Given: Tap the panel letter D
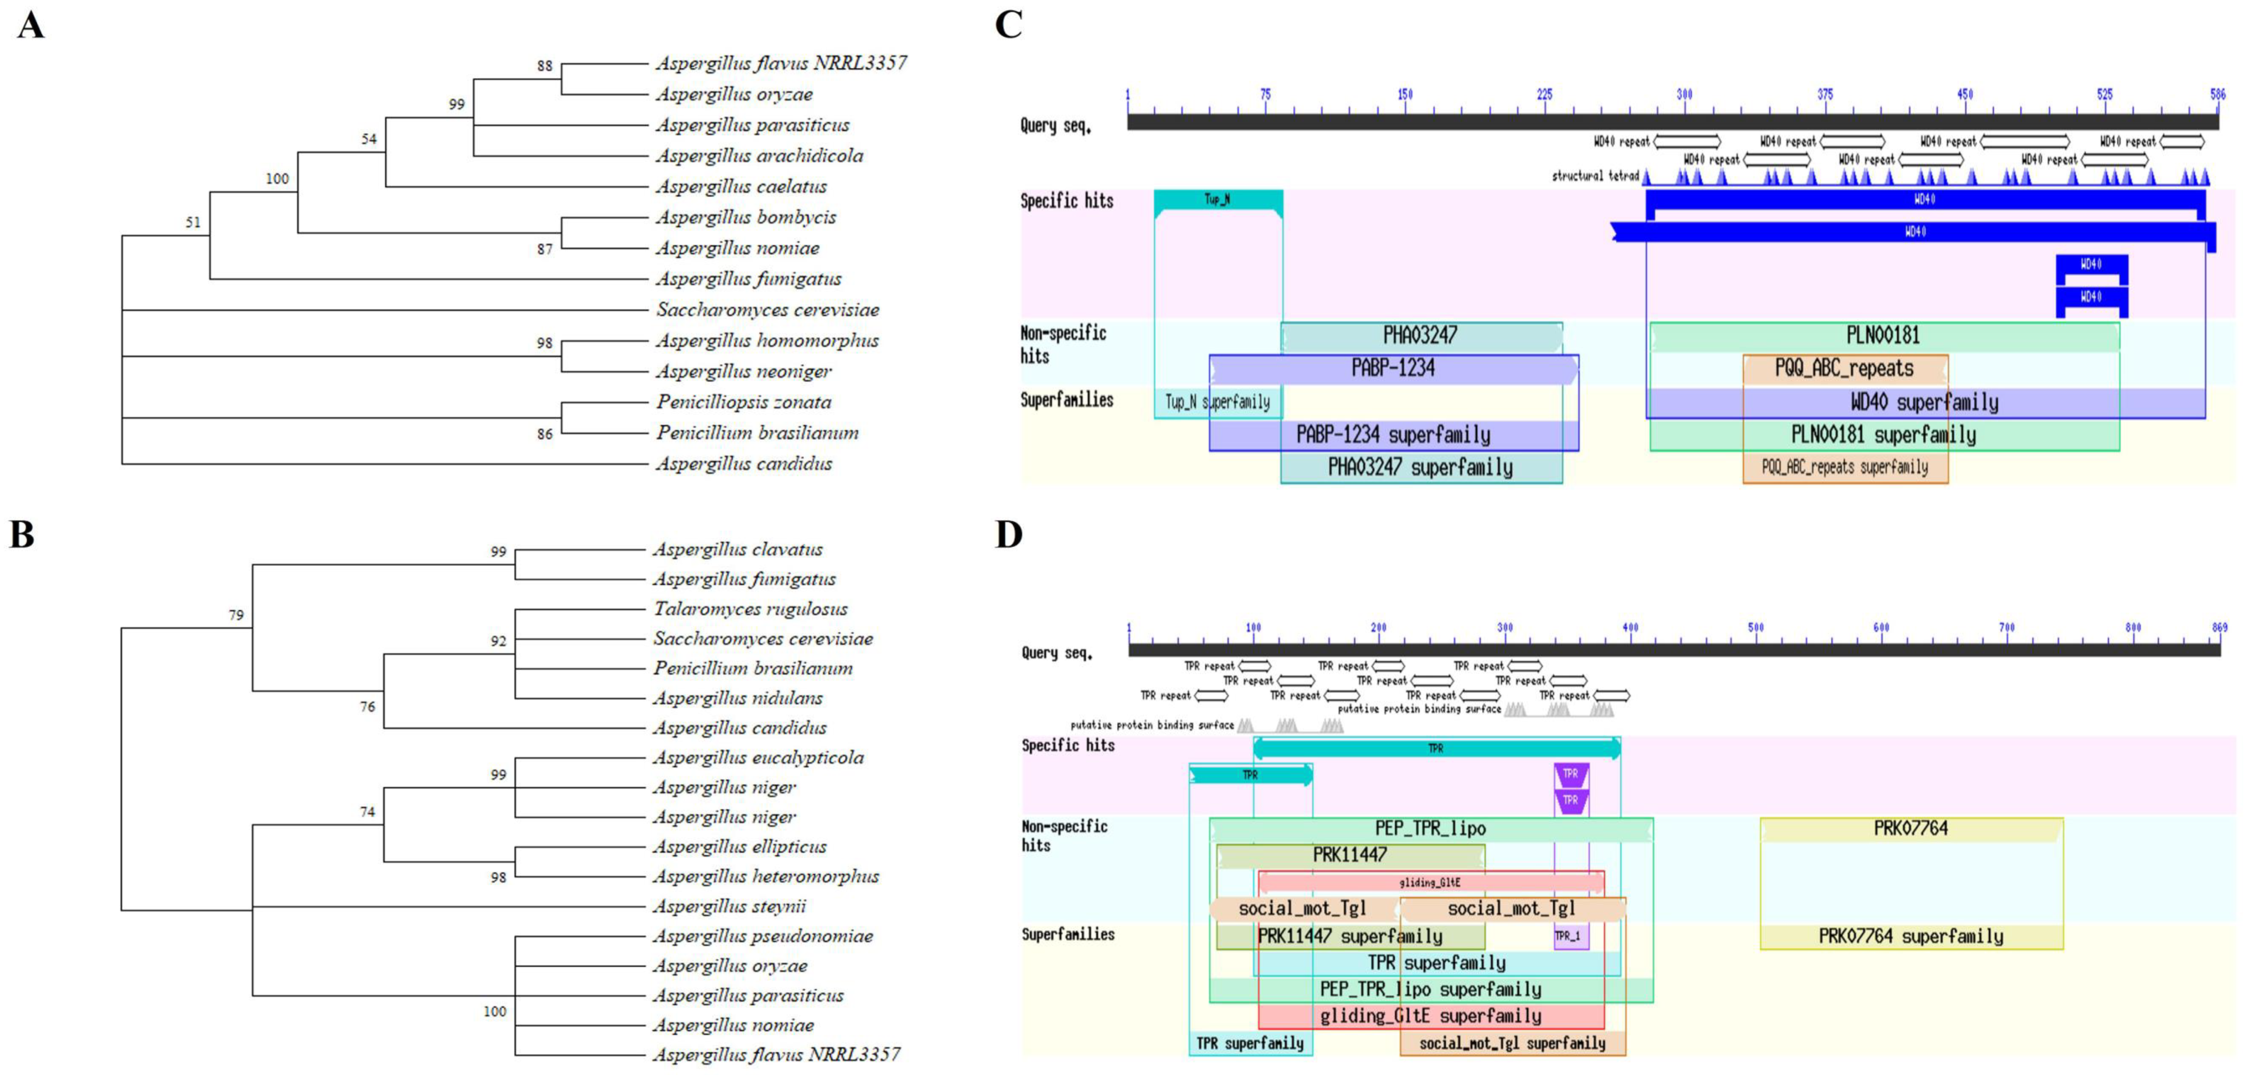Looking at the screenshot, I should pos(1008,534).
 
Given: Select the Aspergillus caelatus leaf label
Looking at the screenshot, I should pos(741,187).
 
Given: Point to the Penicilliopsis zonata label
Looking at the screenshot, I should pos(744,402).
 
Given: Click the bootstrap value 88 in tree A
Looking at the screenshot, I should pos(545,65).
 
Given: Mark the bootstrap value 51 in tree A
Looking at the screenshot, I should pos(193,222).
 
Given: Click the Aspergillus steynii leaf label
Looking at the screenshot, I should pos(729,906).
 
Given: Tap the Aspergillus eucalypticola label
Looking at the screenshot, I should pos(758,757).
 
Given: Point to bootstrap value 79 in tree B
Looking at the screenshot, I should pos(236,615).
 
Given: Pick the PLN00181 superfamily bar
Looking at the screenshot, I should pos(1883,434).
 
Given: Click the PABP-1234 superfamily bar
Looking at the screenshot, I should pos(1393,434).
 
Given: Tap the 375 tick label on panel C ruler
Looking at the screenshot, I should pos(1825,94).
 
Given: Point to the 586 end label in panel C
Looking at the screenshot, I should pos(2217,94).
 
